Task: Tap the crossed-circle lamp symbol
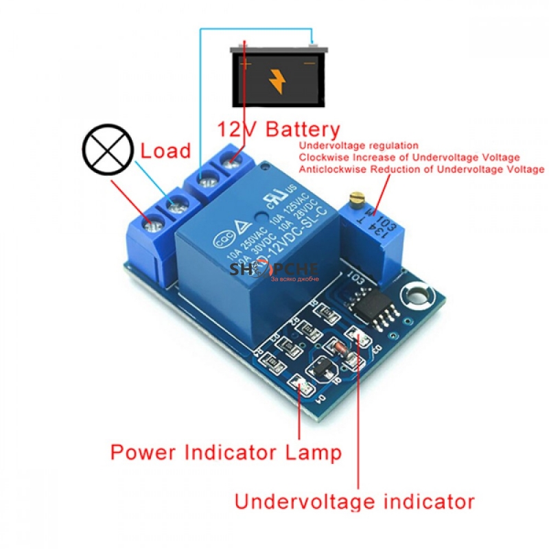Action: click(106, 148)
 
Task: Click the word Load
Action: click(166, 150)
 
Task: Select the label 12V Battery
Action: click(279, 129)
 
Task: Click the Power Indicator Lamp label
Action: click(226, 453)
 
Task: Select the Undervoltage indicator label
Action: click(354, 501)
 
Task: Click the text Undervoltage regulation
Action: click(358, 146)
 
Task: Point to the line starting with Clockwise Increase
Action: click(409, 158)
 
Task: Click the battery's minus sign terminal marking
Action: click(309, 63)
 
